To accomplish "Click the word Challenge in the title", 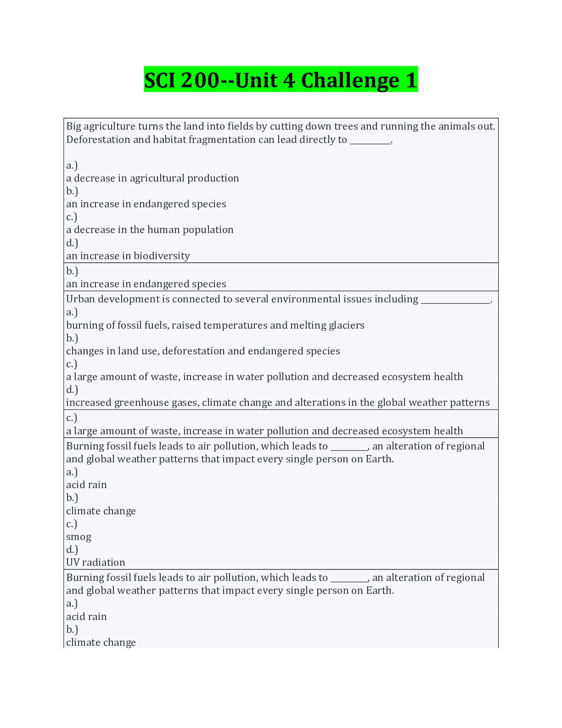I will (x=350, y=80).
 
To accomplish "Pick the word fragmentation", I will (x=204, y=140).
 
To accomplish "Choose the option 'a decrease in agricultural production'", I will (x=152, y=178).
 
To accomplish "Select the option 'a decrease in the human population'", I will (x=150, y=230).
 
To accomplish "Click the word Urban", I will (x=80, y=299).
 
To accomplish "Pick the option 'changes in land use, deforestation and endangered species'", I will (x=203, y=351).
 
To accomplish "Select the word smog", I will (x=79, y=537).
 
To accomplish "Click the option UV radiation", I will (x=96, y=563).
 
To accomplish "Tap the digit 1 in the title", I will (x=411, y=80).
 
